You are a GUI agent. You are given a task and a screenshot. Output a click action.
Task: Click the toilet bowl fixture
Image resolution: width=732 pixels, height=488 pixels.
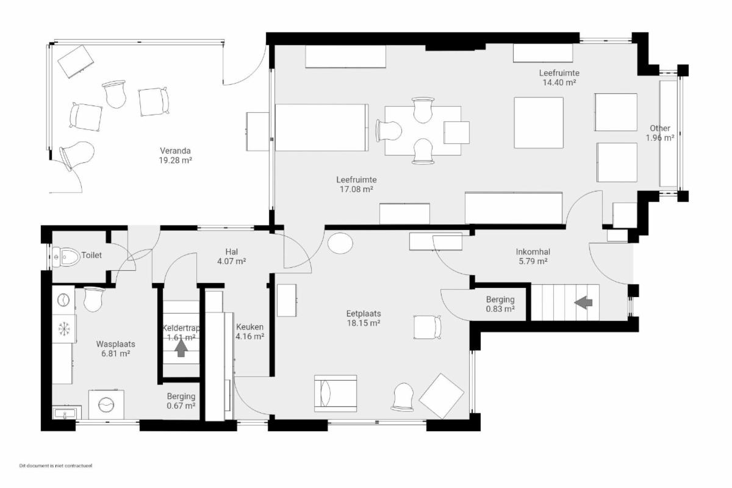[x=66, y=257]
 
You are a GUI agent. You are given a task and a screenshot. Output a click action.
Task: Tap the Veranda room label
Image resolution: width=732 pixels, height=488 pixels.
[x=175, y=151]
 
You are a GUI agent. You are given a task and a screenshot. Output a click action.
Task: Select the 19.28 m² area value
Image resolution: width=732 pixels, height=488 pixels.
[x=175, y=160]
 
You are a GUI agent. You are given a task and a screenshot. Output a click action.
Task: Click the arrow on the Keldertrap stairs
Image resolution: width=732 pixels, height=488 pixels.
[x=181, y=348]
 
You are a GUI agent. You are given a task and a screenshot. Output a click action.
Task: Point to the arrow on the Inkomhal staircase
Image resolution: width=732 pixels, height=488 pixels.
[x=583, y=303]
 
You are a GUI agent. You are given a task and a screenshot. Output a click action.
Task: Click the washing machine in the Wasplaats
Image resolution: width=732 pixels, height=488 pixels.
[x=106, y=404]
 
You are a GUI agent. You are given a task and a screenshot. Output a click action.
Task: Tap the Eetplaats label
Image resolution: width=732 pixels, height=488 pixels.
[x=364, y=314]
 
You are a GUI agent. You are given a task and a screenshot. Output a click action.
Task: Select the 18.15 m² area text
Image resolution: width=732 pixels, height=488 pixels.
[x=364, y=323]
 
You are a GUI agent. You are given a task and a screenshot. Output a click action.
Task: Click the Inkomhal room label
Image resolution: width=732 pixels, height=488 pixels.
[x=533, y=252]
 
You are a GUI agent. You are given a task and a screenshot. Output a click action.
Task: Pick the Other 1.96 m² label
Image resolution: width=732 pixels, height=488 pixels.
[x=660, y=133]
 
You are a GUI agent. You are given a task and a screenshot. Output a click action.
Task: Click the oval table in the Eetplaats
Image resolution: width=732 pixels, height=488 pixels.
[x=340, y=243]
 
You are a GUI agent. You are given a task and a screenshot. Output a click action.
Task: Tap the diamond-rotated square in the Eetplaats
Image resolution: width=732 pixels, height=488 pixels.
[x=442, y=396]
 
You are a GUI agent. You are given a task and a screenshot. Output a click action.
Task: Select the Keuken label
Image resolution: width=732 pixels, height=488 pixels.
[x=249, y=327]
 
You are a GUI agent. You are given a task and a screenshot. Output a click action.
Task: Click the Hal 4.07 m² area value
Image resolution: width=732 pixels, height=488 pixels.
[x=231, y=261]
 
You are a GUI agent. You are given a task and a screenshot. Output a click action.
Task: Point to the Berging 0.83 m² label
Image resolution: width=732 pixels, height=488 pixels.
[x=500, y=304]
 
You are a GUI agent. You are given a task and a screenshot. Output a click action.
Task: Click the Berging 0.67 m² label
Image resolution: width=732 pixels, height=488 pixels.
[x=181, y=401]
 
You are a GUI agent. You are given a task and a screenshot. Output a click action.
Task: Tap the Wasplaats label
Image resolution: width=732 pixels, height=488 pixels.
[x=116, y=344]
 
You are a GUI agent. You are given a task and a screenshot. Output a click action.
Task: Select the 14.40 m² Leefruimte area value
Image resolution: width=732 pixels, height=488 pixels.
[x=559, y=82]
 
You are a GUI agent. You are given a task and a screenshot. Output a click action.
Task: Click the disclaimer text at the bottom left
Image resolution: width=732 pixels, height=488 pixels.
[x=56, y=465]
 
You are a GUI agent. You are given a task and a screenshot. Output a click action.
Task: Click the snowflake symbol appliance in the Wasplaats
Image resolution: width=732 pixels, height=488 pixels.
[x=64, y=329]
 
